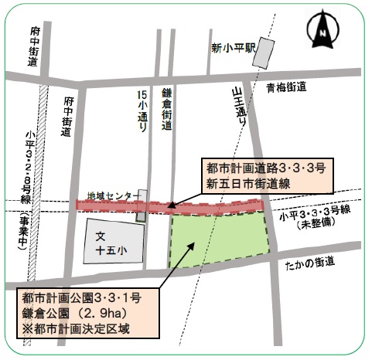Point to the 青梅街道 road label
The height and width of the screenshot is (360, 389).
tap(289, 87)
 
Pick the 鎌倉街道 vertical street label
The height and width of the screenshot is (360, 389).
tap(165, 110)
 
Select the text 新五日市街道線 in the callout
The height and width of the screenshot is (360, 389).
tap(242, 182)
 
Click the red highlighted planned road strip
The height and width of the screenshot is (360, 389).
tap(170, 206)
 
